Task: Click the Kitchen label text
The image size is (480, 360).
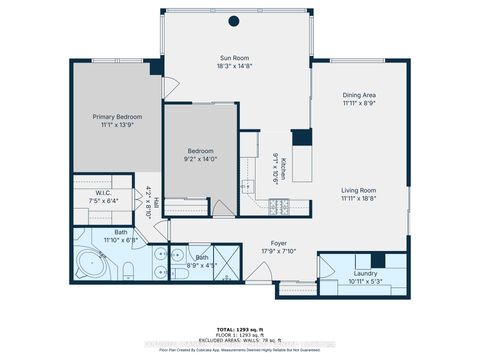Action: pos(283,168)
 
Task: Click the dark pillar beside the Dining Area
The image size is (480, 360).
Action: pos(302,138)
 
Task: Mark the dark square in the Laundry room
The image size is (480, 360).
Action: pos(391,262)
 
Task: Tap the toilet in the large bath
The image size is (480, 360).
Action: pos(130,268)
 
